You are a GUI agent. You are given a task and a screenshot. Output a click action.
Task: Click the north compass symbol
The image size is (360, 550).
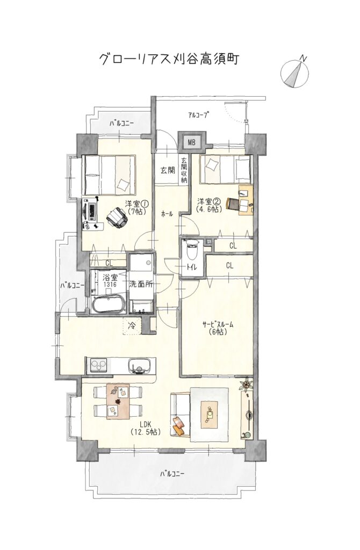[295, 72]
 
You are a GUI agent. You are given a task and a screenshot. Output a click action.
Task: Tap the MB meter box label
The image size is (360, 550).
[191, 142]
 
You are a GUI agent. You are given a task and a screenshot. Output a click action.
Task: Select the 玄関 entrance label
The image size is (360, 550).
[168, 170]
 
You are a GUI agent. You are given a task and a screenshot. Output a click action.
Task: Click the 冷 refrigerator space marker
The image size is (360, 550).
[132, 325]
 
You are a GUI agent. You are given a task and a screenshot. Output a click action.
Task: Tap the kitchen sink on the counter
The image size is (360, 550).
[140, 366]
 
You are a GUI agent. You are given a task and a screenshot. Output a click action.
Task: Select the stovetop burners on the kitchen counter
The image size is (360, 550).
[98, 365]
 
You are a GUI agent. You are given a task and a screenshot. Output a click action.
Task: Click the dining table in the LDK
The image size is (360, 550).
[118, 401]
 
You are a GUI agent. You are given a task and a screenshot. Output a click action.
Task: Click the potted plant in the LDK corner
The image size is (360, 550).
[246, 384]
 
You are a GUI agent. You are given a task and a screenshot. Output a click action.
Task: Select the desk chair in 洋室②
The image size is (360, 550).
[233, 204]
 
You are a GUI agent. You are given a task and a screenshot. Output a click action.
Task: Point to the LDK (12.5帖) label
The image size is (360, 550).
[146, 428]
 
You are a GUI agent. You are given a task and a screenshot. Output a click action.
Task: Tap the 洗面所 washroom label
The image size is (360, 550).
[141, 284]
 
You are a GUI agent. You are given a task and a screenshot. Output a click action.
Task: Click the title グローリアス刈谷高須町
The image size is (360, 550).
[169, 60]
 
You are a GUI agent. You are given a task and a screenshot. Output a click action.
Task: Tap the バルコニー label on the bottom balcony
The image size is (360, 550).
[172, 474]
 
